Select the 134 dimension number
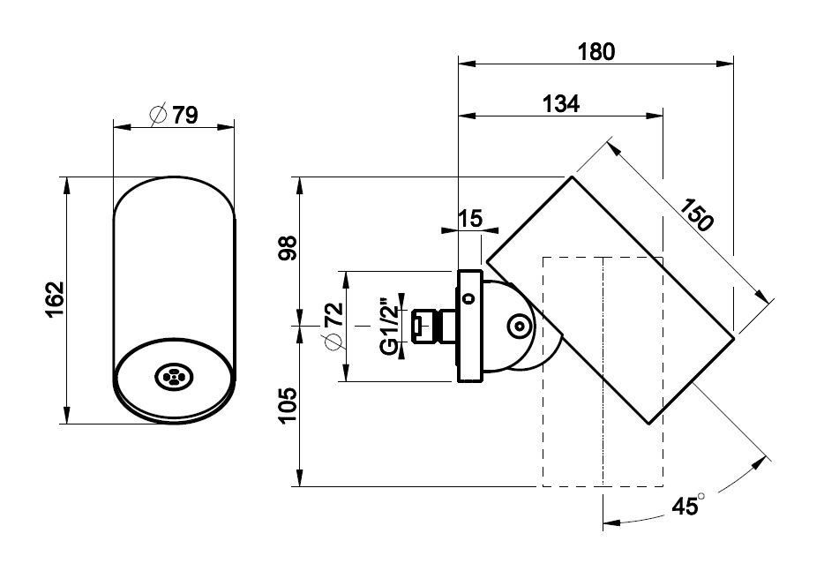click(x=561, y=103)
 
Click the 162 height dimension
click(x=55, y=300)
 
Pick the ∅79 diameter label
click(x=174, y=115)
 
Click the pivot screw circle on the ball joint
click(x=518, y=327)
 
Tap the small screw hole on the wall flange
click(x=468, y=297)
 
